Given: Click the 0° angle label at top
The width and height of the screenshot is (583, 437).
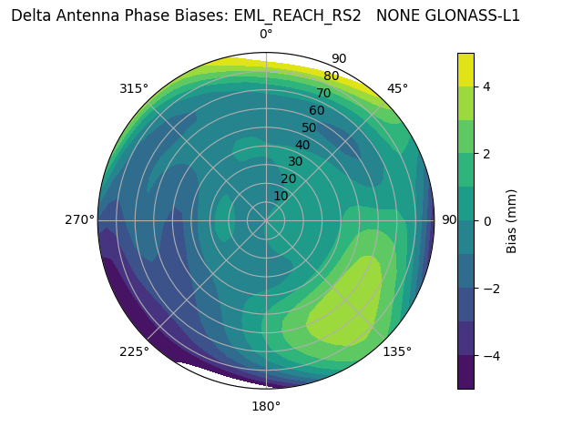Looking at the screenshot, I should [266, 35].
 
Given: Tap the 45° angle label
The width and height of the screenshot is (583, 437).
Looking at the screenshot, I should [397, 88].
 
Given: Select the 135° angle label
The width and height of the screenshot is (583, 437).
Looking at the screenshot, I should [397, 351].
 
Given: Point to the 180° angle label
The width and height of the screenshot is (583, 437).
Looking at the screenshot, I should [266, 406].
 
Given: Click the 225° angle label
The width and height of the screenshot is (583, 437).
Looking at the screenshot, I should [134, 352].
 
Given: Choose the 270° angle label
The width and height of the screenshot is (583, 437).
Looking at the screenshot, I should [79, 219].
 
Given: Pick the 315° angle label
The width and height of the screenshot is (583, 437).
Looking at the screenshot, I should [134, 88].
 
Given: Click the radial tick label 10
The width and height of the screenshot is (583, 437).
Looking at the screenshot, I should [281, 196].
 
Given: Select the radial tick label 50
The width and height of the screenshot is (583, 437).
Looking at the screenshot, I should [309, 127].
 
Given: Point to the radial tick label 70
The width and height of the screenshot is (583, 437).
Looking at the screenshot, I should [324, 93].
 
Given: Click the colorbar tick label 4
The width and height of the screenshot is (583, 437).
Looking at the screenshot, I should [486, 86].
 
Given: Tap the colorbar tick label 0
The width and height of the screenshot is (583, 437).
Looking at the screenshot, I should [486, 220].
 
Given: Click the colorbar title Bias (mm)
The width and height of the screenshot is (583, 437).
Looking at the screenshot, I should [512, 220].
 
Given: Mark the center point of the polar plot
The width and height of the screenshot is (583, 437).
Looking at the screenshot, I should [266, 220].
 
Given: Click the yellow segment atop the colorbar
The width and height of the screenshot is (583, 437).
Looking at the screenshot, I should [465, 69].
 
